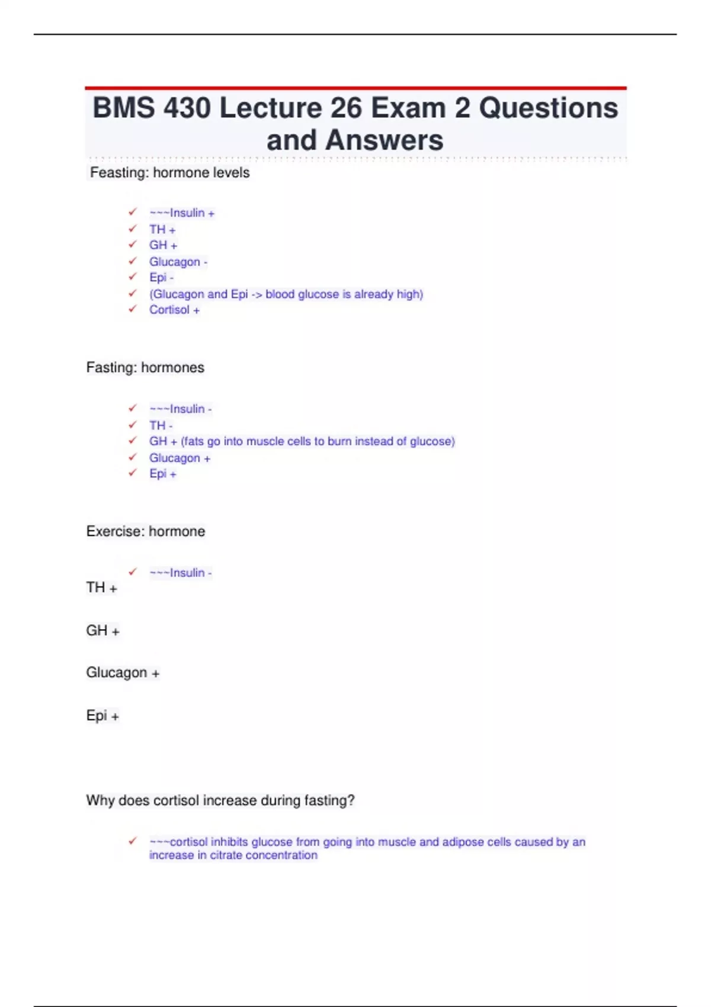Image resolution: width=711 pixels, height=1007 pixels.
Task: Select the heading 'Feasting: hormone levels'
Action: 169,173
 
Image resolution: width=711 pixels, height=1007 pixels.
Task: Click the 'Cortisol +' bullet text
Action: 174,310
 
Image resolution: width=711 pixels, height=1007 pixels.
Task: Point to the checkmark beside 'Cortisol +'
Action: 133,309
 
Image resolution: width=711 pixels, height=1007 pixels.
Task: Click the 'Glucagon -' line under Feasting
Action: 178,262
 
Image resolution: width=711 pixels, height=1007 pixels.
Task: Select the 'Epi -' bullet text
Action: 161,278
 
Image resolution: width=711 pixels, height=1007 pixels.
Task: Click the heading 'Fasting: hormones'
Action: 145,367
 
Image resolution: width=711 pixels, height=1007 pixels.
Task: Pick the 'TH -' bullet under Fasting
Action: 161,425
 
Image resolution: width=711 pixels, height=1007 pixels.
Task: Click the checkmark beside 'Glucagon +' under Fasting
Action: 133,457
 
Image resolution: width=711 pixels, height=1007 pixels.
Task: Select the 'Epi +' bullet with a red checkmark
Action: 162,474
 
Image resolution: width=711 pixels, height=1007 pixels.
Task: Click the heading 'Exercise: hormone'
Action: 146,531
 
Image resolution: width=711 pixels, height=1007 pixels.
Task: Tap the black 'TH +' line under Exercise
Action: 101,588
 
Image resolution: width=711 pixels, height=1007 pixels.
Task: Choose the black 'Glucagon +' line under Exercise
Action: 123,673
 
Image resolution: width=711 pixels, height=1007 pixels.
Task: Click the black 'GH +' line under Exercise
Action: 103,631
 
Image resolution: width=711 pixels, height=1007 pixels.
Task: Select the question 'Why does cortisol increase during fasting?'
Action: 220,801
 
